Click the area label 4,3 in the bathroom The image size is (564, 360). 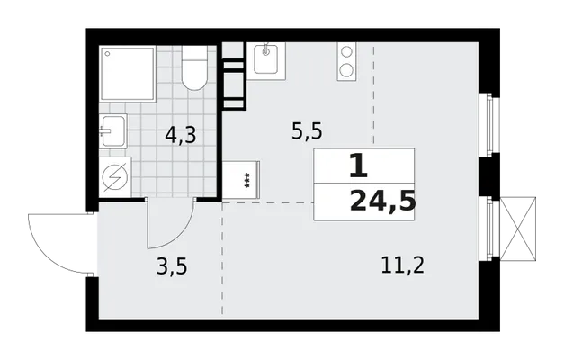(181, 136)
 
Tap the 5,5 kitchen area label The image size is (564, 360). (307, 131)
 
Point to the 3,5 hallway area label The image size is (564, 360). (172, 267)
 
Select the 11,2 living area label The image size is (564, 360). (402, 265)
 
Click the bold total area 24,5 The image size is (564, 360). (382, 202)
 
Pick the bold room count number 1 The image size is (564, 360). (359, 166)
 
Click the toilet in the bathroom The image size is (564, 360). (194, 68)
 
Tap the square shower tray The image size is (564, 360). (128, 74)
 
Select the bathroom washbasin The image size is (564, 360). (113, 131)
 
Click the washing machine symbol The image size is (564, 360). (115, 177)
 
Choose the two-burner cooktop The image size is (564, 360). (346, 61)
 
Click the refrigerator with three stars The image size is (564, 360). (241, 180)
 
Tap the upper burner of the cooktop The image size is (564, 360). (346, 52)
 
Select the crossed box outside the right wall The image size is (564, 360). (518, 229)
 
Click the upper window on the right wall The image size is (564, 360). (489, 125)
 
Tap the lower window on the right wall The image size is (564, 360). (489, 229)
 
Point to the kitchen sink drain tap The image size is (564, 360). (266, 50)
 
